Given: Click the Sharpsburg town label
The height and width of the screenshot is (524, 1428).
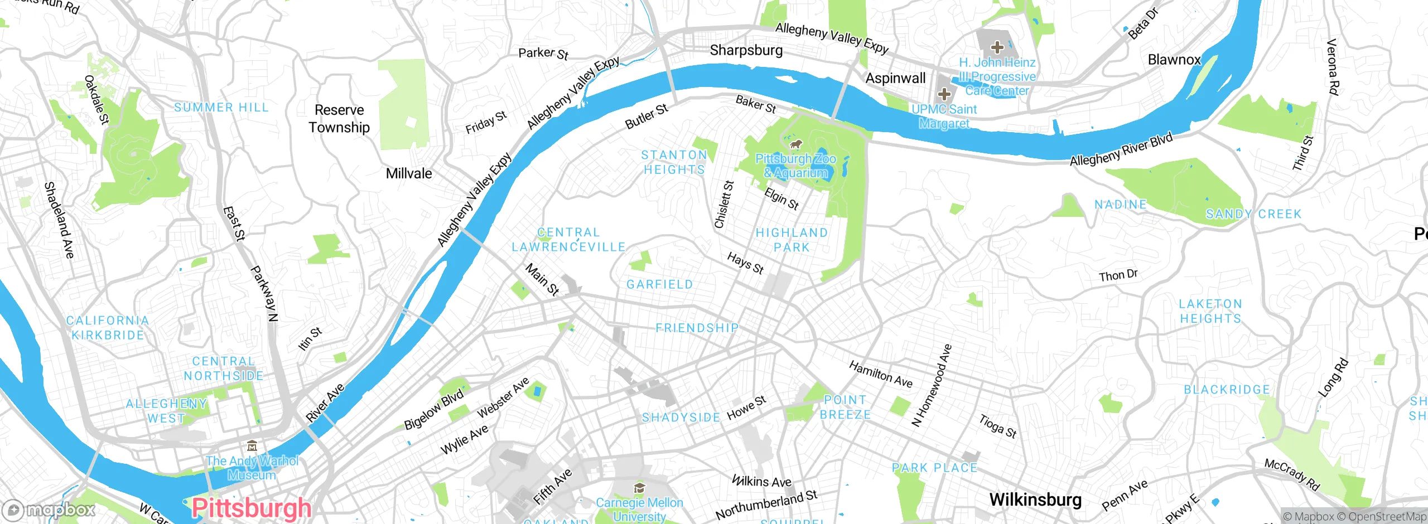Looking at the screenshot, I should point(746,50).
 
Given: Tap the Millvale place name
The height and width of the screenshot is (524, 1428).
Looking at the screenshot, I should point(409,173).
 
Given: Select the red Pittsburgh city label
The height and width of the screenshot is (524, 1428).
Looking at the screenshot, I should point(251,508).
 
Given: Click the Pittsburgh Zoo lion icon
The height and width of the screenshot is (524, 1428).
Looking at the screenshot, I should point(795,145).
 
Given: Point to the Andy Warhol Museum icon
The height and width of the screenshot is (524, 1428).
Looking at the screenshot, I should point(252,446).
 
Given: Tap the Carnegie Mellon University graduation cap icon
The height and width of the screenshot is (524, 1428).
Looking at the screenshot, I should point(639,489).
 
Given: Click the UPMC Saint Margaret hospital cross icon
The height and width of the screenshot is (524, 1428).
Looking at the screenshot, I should point(944,94).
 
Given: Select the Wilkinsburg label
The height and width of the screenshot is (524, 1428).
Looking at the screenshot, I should point(1035,499).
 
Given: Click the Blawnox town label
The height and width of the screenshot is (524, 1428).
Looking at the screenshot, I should point(1174,60).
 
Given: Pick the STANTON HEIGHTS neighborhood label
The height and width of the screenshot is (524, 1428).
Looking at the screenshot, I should point(674,162).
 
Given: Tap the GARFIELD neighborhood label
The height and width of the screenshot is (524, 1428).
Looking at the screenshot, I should point(659,284).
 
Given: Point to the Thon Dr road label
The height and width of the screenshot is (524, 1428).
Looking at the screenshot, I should point(1118,275).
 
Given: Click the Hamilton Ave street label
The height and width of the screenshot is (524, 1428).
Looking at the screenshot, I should point(880,374).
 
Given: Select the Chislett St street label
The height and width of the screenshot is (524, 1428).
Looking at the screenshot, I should point(724,204).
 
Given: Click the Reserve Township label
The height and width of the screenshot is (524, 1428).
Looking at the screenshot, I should point(339,119).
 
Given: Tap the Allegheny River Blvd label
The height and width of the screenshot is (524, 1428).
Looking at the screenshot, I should point(1121,149).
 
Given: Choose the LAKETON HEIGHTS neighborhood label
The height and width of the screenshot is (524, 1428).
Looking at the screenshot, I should point(1210,311).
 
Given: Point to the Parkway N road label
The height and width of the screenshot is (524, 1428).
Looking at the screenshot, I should point(264,294).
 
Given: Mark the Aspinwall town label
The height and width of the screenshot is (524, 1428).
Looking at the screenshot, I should point(895,79).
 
